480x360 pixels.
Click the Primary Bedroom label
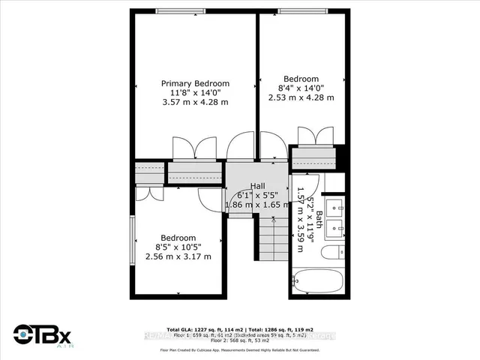(x=196, y=83)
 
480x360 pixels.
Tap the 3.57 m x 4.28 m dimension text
(x=196, y=103)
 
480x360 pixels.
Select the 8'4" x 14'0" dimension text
(x=301, y=88)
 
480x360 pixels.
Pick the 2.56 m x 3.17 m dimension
(x=178, y=256)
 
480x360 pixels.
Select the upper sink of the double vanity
(x=337, y=205)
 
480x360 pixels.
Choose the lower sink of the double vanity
(x=337, y=226)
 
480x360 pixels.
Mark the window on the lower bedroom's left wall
(x=132, y=239)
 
